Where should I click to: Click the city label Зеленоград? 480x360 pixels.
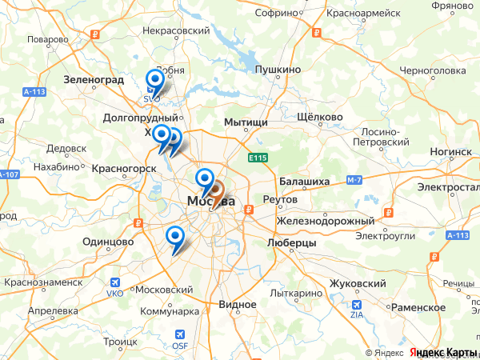tap(94, 80)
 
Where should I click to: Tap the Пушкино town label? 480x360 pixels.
tap(278, 70)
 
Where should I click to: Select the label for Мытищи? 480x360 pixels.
tap(246, 122)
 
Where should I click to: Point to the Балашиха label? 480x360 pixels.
tap(305, 182)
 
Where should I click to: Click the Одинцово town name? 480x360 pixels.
tap(107, 241)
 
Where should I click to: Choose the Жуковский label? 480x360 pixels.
tap(358, 283)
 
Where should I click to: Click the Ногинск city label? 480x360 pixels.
tap(450, 151)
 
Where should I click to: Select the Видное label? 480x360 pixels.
tap(238, 305)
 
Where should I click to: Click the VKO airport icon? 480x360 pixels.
tap(117, 282)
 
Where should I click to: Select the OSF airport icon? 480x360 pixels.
tap(179, 334)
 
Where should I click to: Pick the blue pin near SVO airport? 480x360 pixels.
tap(154, 80)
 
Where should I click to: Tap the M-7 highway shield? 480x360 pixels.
tap(354, 182)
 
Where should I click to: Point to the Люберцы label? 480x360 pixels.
tap(291, 242)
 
